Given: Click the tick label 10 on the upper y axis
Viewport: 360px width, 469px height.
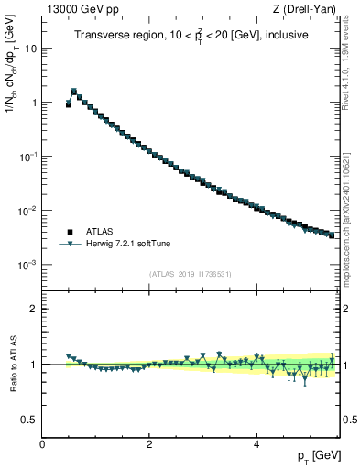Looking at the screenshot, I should [30, 49].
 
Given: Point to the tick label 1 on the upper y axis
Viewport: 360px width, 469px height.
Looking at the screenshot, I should [34, 103].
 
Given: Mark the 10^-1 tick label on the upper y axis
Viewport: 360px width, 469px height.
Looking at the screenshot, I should [28, 157].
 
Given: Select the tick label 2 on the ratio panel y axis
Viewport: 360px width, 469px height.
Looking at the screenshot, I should [34, 309].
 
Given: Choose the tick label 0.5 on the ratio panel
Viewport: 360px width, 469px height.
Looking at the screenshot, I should [30, 420].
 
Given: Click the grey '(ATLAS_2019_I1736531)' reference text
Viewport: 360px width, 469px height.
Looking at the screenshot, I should [190, 274].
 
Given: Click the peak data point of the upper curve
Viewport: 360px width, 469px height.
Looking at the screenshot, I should [74, 92].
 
